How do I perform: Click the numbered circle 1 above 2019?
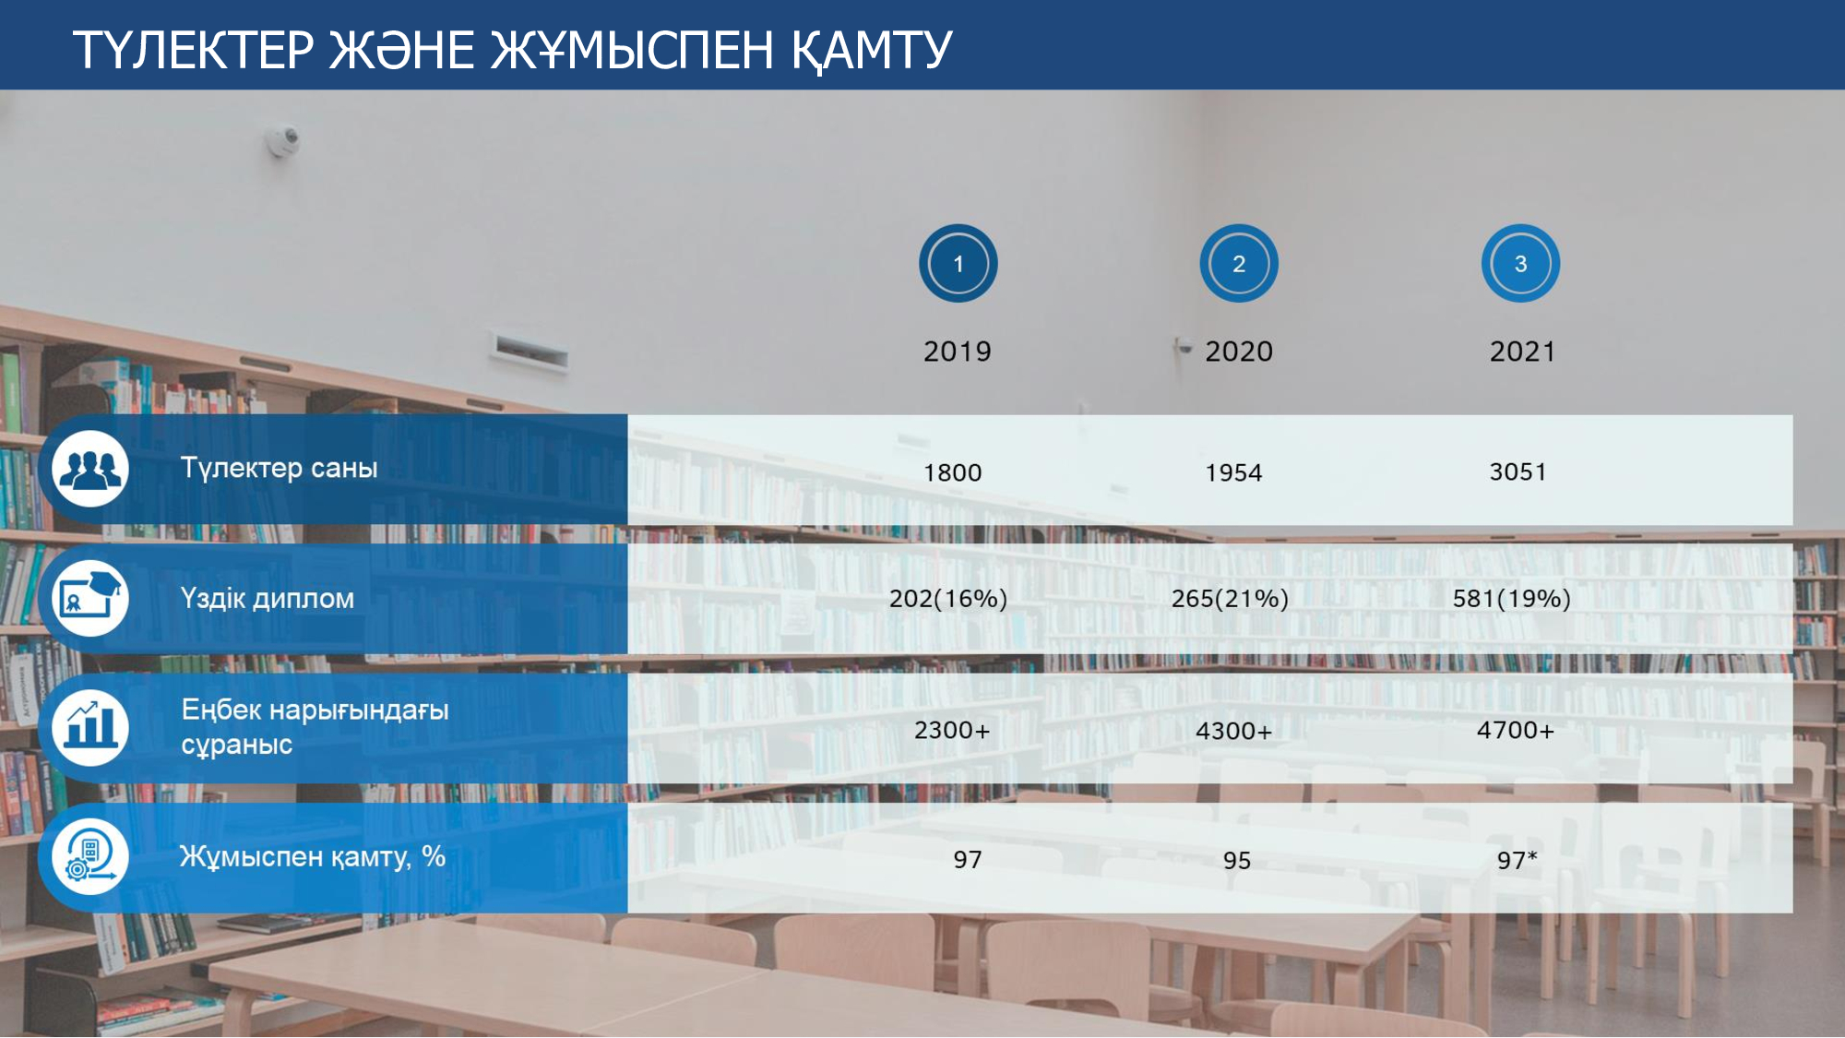[x=958, y=264]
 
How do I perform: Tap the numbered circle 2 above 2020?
[x=1239, y=264]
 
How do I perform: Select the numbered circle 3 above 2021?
[x=1520, y=264]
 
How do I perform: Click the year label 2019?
[x=958, y=352]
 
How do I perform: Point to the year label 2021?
[x=1522, y=352]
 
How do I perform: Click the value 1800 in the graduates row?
[x=953, y=472]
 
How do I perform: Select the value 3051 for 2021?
[x=1518, y=471]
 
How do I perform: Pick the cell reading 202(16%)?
[x=948, y=599]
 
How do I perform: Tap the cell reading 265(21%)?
[x=1230, y=599]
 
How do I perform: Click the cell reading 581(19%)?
[x=1512, y=599]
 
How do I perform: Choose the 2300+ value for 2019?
[x=952, y=731]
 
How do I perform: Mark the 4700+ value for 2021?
[x=1516, y=731]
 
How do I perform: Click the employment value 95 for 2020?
[x=1237, y=861]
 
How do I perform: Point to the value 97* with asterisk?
[x=1518, y=860]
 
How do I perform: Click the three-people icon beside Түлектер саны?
[x=90, y=469]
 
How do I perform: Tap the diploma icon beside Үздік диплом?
[x=90, y=598]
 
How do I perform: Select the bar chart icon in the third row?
[x=90, y=727]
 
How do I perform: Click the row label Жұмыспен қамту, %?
[x=313, y=857]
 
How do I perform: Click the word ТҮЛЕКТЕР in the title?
[x=194, y=50]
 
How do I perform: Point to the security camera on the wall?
[x=284, y=140]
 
